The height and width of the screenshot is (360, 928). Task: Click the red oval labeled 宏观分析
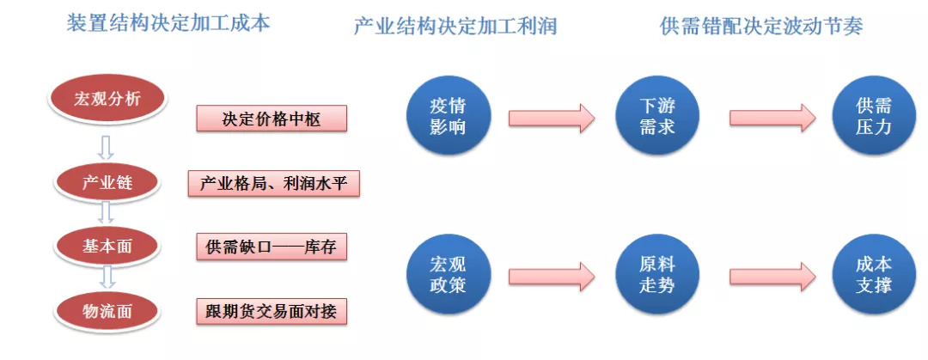pos(107,99)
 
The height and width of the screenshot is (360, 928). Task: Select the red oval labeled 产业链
pos(107,182)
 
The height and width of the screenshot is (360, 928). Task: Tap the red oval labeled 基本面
pos(107,247)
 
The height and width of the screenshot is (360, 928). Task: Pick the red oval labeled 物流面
pos(107,311)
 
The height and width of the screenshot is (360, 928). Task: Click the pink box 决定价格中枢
pos(272,119)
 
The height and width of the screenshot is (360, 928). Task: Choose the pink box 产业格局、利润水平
pos(274,183)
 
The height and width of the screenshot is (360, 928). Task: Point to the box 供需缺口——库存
pos(272,247)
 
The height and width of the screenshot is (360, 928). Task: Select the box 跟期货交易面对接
pos(272,311)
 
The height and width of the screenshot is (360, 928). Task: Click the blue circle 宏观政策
pos(449,274)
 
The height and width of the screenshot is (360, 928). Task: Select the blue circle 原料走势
pos(657,274)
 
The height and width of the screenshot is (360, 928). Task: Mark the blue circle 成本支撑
pos(874,274)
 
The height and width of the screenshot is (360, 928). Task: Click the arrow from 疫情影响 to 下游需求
pos(552,118)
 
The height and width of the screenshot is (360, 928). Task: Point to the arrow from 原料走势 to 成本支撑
pos(773,277)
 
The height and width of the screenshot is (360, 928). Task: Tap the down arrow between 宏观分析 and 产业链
pos(106,148)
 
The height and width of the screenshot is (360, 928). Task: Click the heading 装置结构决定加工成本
pos(168,23)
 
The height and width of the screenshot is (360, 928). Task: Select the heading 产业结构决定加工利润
pos(455,26)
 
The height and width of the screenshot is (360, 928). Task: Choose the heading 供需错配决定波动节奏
pos(761,26)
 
